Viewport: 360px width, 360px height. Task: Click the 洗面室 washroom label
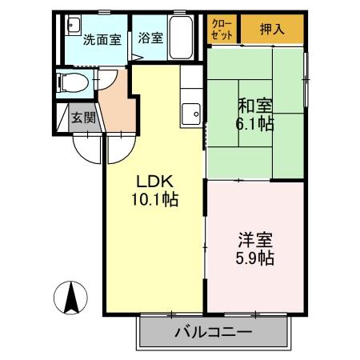click(102, 40)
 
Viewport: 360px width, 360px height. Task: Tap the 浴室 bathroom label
click(150, 38)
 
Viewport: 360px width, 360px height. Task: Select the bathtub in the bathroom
click(182, 38)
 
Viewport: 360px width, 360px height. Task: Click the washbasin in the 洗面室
click(73, 26)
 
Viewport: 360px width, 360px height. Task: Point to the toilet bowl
click(73, 82)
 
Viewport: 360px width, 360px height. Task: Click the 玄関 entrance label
click(84, 118)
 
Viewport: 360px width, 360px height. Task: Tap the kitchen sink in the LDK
click(190, 114)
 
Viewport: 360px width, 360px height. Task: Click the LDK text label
click(155, 182)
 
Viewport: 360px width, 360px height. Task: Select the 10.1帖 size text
click(154, 199)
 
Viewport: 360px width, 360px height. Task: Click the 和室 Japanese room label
click(255, 106)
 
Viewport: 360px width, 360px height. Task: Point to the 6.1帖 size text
click(254, 124)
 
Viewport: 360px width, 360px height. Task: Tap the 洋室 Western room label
click(255, 240)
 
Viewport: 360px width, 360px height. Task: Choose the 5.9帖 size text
click(255, 258)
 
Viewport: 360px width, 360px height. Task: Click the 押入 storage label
click(272, 29)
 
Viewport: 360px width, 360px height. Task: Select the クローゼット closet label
click(222, 30)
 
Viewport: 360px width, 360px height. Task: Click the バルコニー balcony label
click(214, 332)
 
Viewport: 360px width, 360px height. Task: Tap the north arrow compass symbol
click(70, 298)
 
